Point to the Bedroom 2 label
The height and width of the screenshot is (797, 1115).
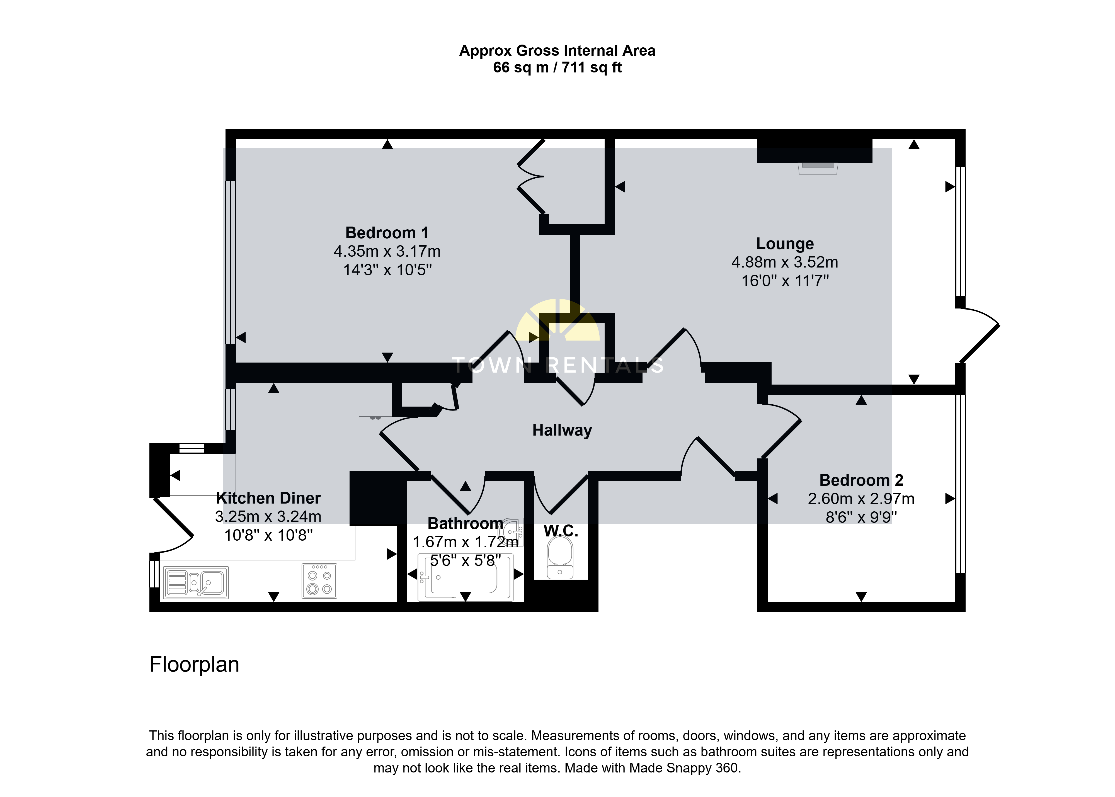point(861,480)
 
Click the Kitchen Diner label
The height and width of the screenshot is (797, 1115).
point(268,498)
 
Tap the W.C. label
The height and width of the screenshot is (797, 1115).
point(561,531)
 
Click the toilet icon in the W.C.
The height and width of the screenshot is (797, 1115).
point(560,558)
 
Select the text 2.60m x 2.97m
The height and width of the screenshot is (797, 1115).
point(861,499)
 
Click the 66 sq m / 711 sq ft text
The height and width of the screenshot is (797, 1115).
point(557,67)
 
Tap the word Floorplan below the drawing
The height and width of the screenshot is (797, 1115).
point(194,665)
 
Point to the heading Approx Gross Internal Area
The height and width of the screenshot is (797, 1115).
point(557,50)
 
